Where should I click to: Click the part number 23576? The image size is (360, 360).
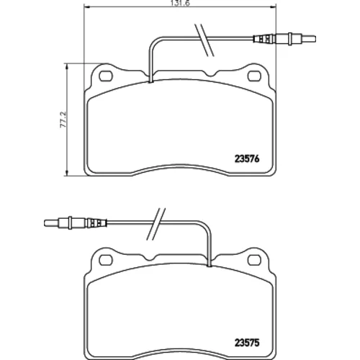point(247,159)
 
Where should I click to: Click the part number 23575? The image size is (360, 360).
point(247,343)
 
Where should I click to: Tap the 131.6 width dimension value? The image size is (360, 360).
point(180,3)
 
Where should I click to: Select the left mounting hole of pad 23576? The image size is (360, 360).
point(106,76)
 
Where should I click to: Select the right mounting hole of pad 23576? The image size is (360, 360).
point(254,76)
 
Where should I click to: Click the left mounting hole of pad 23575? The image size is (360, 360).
point(106,260)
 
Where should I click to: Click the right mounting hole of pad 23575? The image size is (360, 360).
point(254,260)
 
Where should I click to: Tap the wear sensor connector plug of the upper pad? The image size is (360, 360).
point(284,39)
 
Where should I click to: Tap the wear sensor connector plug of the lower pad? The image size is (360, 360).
point(76,223)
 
